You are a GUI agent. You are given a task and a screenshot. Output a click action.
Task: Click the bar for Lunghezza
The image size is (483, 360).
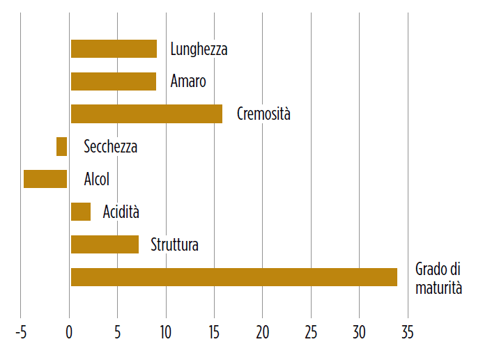click(114, 49)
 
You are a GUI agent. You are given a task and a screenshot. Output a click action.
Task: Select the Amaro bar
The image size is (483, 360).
click(114, 81)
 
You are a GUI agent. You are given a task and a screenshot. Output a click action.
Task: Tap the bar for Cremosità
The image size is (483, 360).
click(146, 114)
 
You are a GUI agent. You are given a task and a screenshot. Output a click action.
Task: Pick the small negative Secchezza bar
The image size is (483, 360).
click(62, 146)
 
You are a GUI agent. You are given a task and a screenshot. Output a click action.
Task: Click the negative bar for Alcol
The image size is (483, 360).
click(45, 179)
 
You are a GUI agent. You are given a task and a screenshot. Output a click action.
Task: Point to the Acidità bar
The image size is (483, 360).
click(81, 212)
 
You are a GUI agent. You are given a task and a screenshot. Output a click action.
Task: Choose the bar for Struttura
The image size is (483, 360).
click(105, 244)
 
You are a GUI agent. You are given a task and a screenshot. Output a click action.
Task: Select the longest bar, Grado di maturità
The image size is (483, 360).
click(233, 277)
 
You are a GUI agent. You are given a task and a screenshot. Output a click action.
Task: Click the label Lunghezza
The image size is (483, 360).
click(199, 49)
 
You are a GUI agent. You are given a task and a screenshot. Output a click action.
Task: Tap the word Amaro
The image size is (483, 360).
click(188, 81)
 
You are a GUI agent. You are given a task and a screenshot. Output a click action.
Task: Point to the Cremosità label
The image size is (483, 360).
click(263, 114)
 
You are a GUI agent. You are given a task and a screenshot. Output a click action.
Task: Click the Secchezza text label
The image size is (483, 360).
click(110, 147)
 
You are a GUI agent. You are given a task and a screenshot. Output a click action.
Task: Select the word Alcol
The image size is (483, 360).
click(96, 180)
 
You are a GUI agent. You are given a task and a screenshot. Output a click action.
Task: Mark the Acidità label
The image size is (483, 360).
click(121, 212)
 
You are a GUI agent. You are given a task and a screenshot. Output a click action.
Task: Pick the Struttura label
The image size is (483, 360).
click(174, 245)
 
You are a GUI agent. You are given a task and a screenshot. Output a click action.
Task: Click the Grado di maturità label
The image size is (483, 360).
click(438, 278)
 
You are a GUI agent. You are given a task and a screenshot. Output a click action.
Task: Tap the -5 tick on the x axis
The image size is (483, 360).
click(20, 332)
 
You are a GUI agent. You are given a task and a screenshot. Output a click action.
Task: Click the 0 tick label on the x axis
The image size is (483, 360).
click(69, 332)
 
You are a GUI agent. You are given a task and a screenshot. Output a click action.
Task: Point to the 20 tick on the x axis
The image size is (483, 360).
click(262, 332)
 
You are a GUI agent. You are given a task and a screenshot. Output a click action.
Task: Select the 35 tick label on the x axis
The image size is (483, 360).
click(407, 332)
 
